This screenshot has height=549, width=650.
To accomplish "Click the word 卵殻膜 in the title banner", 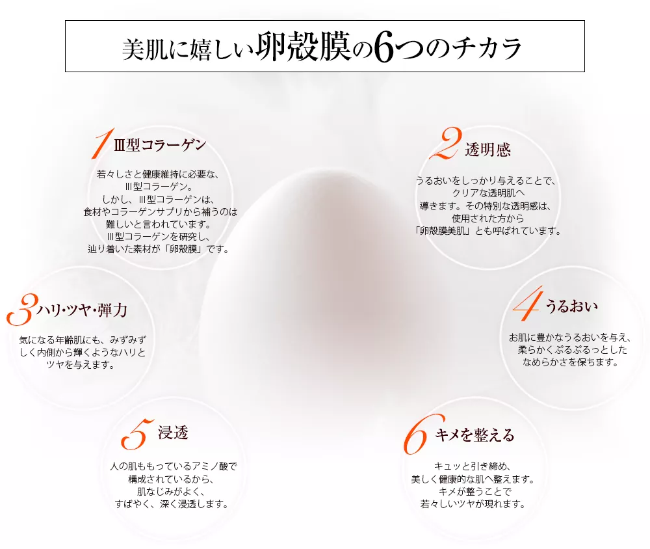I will point(304,49).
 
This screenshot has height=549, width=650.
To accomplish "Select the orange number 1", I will point(100,144).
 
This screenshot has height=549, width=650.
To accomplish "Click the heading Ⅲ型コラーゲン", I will point(159,144).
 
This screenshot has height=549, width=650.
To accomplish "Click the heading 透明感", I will point(487,150).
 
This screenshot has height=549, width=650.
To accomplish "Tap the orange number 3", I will point(19,310).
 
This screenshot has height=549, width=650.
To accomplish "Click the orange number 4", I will point(527,306).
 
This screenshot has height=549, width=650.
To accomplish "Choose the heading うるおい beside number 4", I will point(570,306).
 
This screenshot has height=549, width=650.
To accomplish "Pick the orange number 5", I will point(136,435).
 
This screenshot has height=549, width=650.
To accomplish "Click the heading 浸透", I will point(173,433).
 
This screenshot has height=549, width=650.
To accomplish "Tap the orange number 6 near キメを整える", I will point(417,435).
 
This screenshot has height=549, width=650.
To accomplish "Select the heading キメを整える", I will point(474,435).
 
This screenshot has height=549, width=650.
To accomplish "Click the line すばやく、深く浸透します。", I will point(172,503).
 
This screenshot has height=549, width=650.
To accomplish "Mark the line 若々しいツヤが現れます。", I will point(472,503).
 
